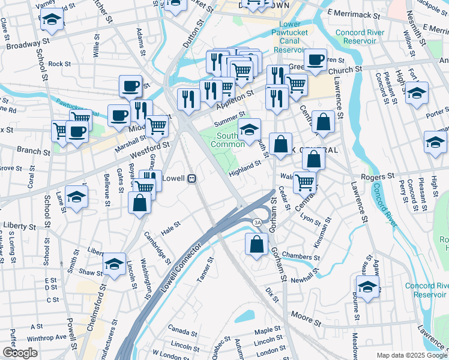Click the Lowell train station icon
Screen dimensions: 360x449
[x=191, y=178]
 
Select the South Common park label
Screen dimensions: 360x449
[x=227, y=140]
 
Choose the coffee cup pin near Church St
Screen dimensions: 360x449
[x=315, y=59]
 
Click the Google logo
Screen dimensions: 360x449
[x=19, y=353]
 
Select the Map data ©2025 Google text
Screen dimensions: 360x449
[x=411, y=355]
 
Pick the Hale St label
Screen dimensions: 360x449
[x=171, y=227]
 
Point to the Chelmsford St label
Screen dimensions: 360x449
[x=92, y=311]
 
